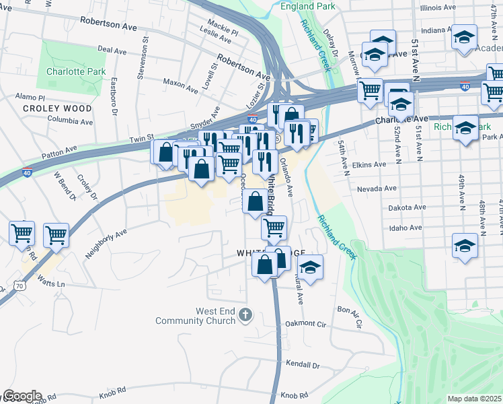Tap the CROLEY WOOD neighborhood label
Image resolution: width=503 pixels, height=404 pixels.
click(57, 108)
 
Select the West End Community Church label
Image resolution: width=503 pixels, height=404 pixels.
click(196, 316)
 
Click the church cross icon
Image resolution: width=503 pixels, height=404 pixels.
click(245, 314)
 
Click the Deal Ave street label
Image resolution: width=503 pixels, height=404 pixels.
click(112, 50)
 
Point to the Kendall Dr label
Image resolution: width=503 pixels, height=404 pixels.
click(303, 364)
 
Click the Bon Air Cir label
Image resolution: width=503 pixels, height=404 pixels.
click(350, 316)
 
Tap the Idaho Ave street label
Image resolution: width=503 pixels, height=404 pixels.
click(406, 228)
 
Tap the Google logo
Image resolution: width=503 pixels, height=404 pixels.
click(22, 396)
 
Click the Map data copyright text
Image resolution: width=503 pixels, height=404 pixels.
click(475, 399)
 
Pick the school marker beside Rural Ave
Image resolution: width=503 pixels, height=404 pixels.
click(310, 267)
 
